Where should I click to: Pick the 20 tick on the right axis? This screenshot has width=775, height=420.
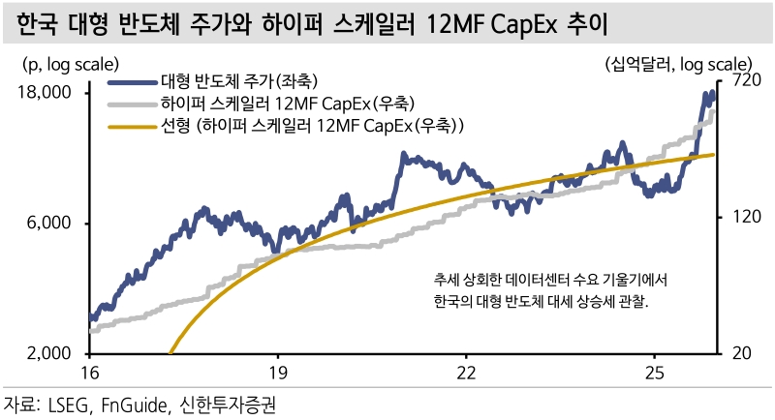(733, 354)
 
